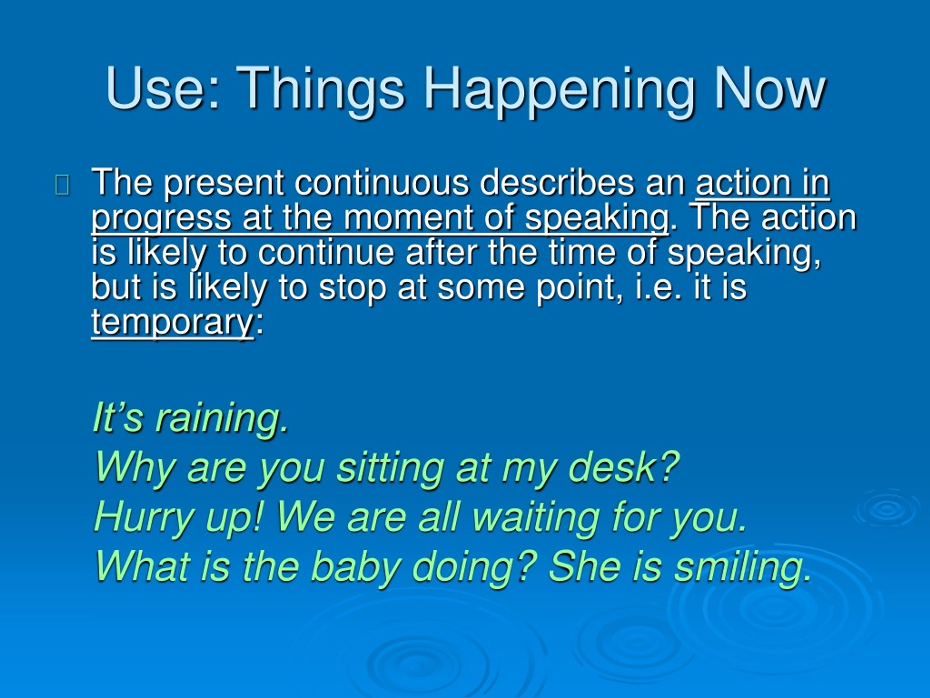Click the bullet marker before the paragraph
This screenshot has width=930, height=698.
(x=62, y=185)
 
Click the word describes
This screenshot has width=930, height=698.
(x=557, y=183)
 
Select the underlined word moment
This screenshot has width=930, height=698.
(x=409, y=218)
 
